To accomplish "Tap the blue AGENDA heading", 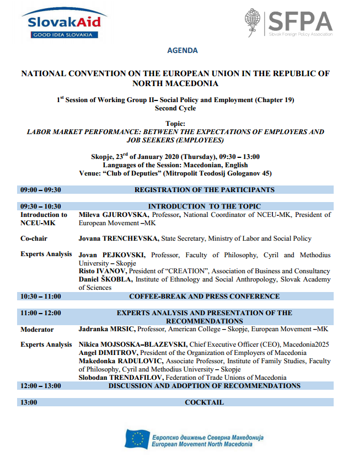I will tap(182, 50).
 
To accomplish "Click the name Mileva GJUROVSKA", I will tap(114, 215).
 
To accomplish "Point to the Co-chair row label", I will tap(34, 238).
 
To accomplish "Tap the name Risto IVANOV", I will tap(103, 271).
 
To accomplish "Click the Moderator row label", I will tap(37, 330).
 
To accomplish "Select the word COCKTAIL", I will tap(205, 402).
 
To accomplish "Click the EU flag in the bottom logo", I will tap(136, 439).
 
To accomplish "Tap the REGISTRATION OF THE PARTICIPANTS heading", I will tap(205, 190).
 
